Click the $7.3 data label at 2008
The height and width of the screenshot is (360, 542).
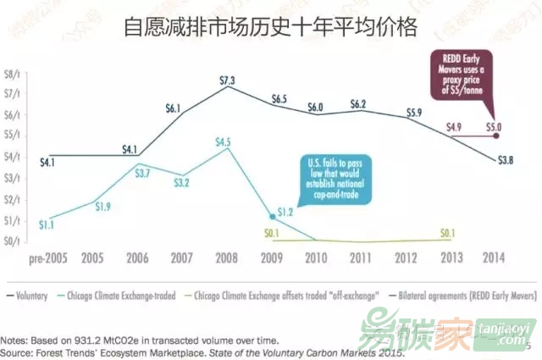click(x=226, y=80)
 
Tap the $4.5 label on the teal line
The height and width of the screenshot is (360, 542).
click(x=223, y=142)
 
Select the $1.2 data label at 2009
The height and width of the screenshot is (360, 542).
click(x=285, y=211)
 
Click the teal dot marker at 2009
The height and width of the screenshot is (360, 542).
click(x=271, y=216)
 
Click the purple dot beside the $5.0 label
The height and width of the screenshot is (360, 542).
click(x=496, y=135)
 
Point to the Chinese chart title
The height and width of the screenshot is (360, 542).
click(x=270, y=26)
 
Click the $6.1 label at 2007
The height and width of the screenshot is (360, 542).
click(x=173, y=108)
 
